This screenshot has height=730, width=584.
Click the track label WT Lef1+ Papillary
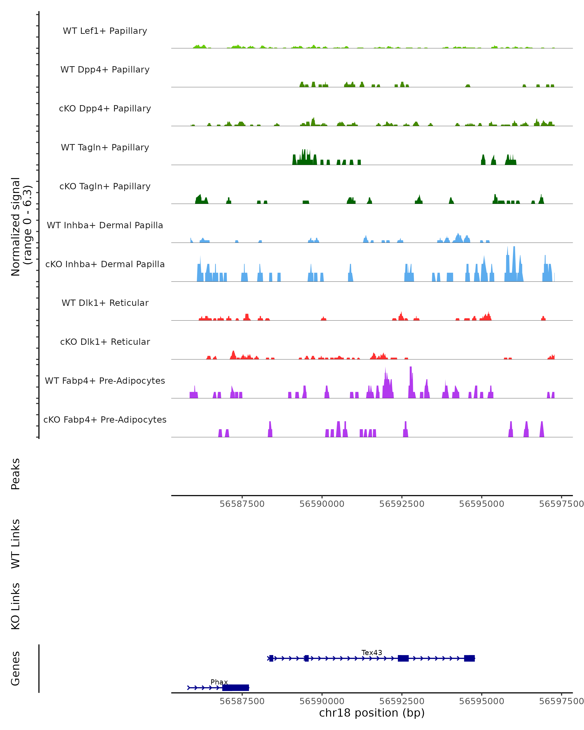click(105, 31)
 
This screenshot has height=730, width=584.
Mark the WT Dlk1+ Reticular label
click(105, 303)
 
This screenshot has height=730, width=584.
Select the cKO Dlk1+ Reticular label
click(105, 342)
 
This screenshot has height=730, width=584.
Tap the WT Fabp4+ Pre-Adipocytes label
click(105, 381)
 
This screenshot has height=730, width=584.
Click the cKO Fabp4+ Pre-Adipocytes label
click(105, 420)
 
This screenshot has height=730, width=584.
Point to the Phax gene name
click(219, 682)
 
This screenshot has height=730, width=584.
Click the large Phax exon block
click(235, 688)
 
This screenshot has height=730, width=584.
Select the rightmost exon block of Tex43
click(469, 658)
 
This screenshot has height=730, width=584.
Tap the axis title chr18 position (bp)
click(371, 713)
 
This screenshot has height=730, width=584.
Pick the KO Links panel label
click(16, 606)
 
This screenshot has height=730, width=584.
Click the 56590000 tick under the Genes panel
click(322, 701)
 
